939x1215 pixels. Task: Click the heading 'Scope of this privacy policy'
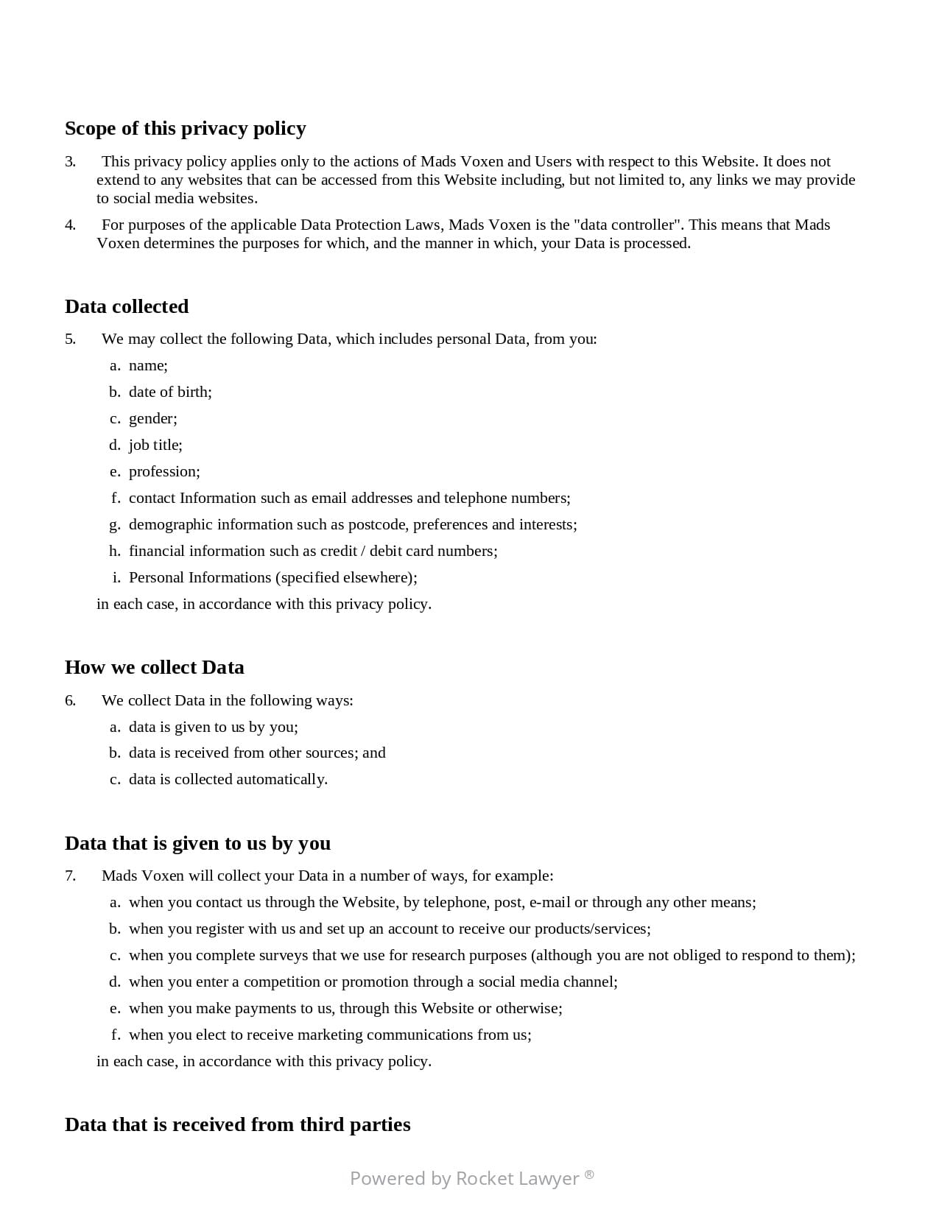tap(185, 129)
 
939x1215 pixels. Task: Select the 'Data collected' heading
tap(127, 306)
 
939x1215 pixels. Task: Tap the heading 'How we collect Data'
tap(155, 667)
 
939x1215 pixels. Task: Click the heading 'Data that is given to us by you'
tap(197, 843)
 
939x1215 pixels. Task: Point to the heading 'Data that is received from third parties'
tap(237, 1124)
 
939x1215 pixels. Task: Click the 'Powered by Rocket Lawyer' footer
tap(471, 1178)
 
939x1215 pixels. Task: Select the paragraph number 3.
tap(70, 162)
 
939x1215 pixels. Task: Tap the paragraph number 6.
tap(70, 700)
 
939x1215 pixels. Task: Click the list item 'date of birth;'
tap(170, 392)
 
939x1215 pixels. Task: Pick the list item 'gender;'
tap(152, 418)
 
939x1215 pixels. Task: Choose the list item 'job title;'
tap(155, 445)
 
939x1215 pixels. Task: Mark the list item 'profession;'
tap(164, 471)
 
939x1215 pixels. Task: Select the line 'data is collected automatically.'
tap(228, 779)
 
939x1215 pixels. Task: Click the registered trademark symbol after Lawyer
tap(589, 1174)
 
